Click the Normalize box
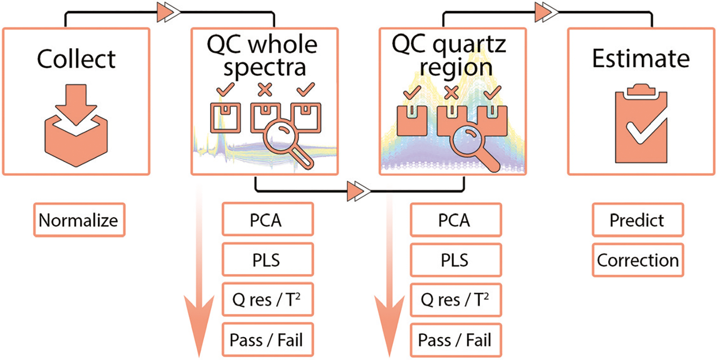point(79,220)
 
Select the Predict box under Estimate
point(637,220)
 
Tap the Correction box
point(637,260)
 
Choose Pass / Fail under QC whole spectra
point(268,340)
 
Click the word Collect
point(76,59)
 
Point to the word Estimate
point(641,59)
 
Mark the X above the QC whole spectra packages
point(265,89)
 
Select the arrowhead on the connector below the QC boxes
point(358,192)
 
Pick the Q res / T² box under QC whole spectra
point(268,300)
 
